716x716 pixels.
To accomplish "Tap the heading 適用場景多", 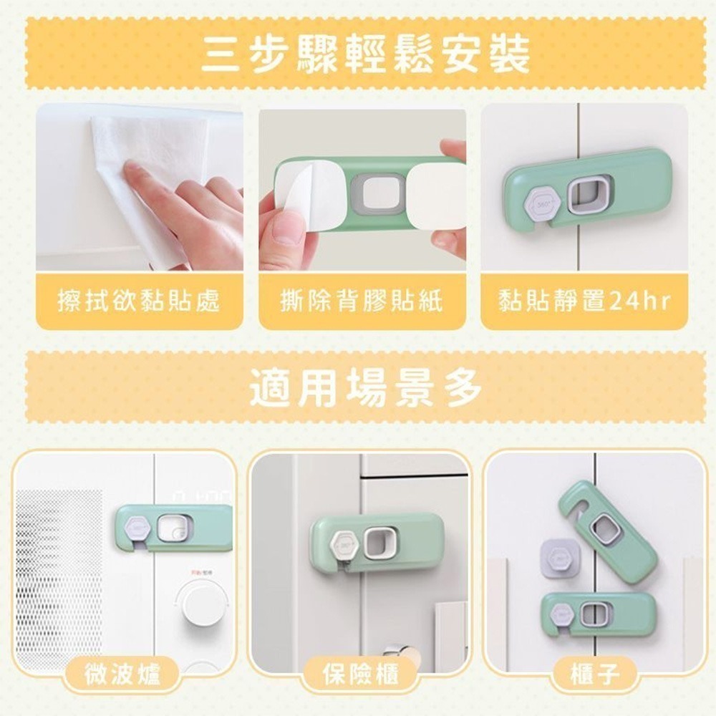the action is tap(366, 388).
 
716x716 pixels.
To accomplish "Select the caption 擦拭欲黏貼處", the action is tap(139, 301).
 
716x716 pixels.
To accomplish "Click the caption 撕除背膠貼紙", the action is tap(362, 301).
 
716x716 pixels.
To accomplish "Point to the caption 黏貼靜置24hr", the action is tap(584, 301).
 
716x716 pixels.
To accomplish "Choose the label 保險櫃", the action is tap(361, 674).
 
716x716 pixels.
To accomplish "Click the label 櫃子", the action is tap(595, 674).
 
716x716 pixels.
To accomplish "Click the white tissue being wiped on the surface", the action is tap(150, 183).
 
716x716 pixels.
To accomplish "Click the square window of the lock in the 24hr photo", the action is tap(589, 195).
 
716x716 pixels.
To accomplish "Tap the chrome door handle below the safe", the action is tap(402, 652).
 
